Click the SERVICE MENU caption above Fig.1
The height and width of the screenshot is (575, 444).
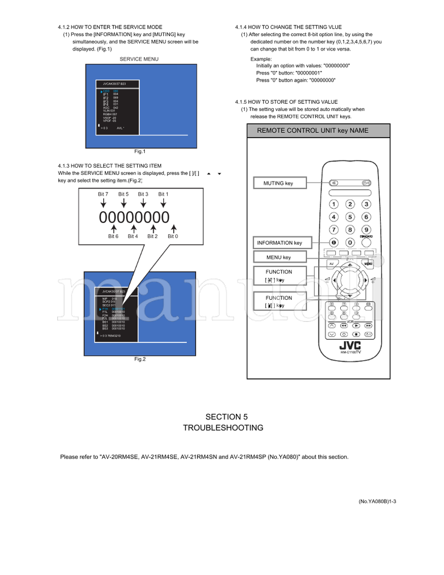pos(139,59)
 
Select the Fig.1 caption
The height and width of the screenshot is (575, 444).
pos(139,152)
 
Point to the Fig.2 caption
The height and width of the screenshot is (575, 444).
pos(139,359)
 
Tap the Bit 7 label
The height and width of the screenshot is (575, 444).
pos(103,194)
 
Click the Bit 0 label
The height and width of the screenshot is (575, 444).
pos(173,236)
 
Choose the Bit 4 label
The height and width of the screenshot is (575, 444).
pos(133,236)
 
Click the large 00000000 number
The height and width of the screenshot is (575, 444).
pos(134,218)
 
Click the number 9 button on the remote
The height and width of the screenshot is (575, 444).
pos(366,230)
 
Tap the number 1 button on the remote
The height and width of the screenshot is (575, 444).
pos(334,204)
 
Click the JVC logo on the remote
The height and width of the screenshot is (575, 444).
pos(350,345)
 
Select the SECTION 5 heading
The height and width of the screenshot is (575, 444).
pos(223,417)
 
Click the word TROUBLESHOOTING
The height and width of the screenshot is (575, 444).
pos(223,428)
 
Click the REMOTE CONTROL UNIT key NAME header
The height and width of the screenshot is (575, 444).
pos(312,131)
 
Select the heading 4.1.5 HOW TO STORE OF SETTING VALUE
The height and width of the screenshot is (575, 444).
pos(286,102)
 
